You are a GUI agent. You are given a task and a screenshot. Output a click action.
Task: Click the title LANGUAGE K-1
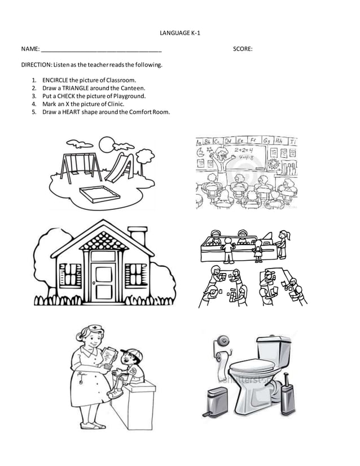point(180,33)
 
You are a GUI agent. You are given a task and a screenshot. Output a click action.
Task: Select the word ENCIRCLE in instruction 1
point(55,80)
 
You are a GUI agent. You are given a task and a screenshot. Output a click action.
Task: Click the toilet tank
point(273,348)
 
